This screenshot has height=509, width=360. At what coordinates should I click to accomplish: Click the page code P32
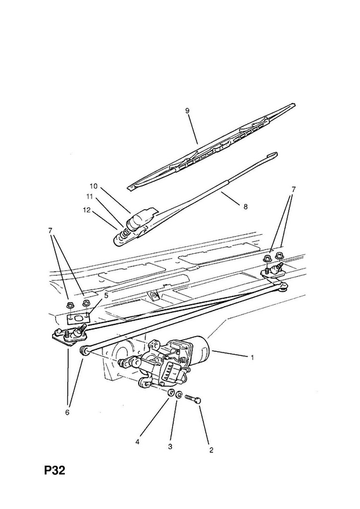55,470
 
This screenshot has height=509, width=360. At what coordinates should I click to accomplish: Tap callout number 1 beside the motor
253,358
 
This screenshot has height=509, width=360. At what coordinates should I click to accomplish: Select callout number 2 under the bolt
211,450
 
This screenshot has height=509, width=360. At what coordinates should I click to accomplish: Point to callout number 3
170,447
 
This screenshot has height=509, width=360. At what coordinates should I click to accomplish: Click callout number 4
137,442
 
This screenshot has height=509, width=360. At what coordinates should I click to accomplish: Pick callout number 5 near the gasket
106,296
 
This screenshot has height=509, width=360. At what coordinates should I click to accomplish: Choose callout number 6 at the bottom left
67,412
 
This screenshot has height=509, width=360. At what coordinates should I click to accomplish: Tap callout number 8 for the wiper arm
246,206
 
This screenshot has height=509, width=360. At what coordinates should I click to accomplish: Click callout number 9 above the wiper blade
187,111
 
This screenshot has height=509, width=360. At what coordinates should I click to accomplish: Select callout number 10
93,186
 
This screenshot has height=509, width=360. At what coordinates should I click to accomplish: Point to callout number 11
90,197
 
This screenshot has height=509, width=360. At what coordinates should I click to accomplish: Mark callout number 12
87,210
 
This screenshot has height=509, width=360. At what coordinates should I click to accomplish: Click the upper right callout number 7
293,189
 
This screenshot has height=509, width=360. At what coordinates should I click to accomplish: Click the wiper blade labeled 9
212,146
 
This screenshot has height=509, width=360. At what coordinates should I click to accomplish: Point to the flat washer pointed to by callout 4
170,393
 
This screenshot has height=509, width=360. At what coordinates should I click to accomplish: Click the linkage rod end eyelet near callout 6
84,351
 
